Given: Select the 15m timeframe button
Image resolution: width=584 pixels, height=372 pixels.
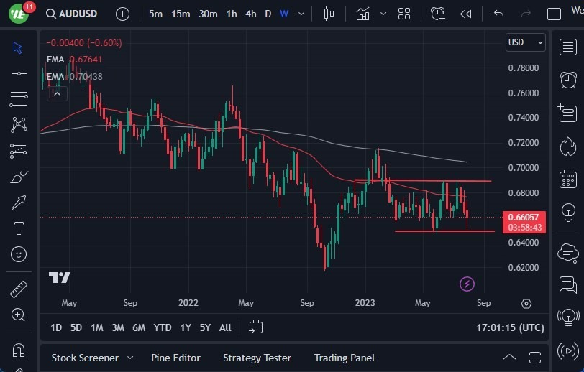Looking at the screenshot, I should pos(181,14).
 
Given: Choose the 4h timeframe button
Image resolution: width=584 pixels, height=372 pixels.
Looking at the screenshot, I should pos(250,14).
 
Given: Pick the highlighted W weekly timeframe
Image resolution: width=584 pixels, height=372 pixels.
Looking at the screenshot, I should pos(284,14).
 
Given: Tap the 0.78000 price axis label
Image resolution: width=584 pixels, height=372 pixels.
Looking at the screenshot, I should pos(523,68).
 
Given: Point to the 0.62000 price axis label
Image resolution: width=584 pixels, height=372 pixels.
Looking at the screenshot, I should pos(523,268).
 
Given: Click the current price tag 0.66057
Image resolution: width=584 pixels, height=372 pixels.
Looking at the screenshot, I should pos(524,217).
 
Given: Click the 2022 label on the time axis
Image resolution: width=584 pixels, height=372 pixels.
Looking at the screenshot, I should pos(188,303).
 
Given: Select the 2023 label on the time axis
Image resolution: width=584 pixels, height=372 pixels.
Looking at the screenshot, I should pos(365,303).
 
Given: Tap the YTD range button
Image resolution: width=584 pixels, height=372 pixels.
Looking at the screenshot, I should pos(163,327).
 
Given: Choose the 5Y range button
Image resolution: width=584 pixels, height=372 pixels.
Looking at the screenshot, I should pos(205,327).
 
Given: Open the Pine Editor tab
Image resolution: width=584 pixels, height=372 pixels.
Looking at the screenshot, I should pos(175,358).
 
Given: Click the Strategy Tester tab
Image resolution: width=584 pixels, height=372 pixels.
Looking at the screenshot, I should pos(257,358).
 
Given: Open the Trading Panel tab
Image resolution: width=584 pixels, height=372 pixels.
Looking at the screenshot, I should pos(345,358).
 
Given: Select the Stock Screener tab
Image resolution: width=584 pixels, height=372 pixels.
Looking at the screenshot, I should pos(84,358).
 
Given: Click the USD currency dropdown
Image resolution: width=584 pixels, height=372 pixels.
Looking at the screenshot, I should pos(524,42).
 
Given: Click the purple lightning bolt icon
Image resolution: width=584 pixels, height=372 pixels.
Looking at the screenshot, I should pos(467,284).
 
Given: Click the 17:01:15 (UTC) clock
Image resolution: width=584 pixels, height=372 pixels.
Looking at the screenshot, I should pos(510,327).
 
